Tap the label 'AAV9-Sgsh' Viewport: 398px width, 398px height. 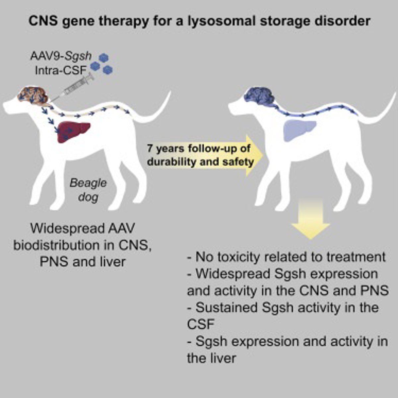[x=60, y=56]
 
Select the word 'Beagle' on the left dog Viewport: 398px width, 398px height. [x=88, y=183]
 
